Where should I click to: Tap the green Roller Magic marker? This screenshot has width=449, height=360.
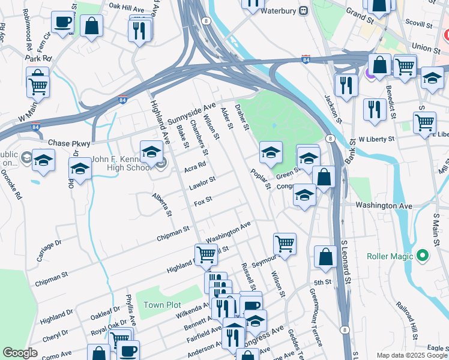coord(422,256)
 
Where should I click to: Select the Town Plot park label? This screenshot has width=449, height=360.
coord(162,305)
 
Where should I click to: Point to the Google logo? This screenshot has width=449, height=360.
coord(20,353)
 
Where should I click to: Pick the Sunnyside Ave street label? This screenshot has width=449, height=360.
coord(191,113)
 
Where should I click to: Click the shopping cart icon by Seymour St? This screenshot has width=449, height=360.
coord(284,244)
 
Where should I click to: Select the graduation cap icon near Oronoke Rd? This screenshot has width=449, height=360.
coord(43,160)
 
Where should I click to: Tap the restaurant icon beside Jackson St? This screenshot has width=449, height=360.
coord(346,84)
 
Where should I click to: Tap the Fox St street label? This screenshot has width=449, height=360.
coord(200,199)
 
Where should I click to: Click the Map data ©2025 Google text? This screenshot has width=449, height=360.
coord(411,355)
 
